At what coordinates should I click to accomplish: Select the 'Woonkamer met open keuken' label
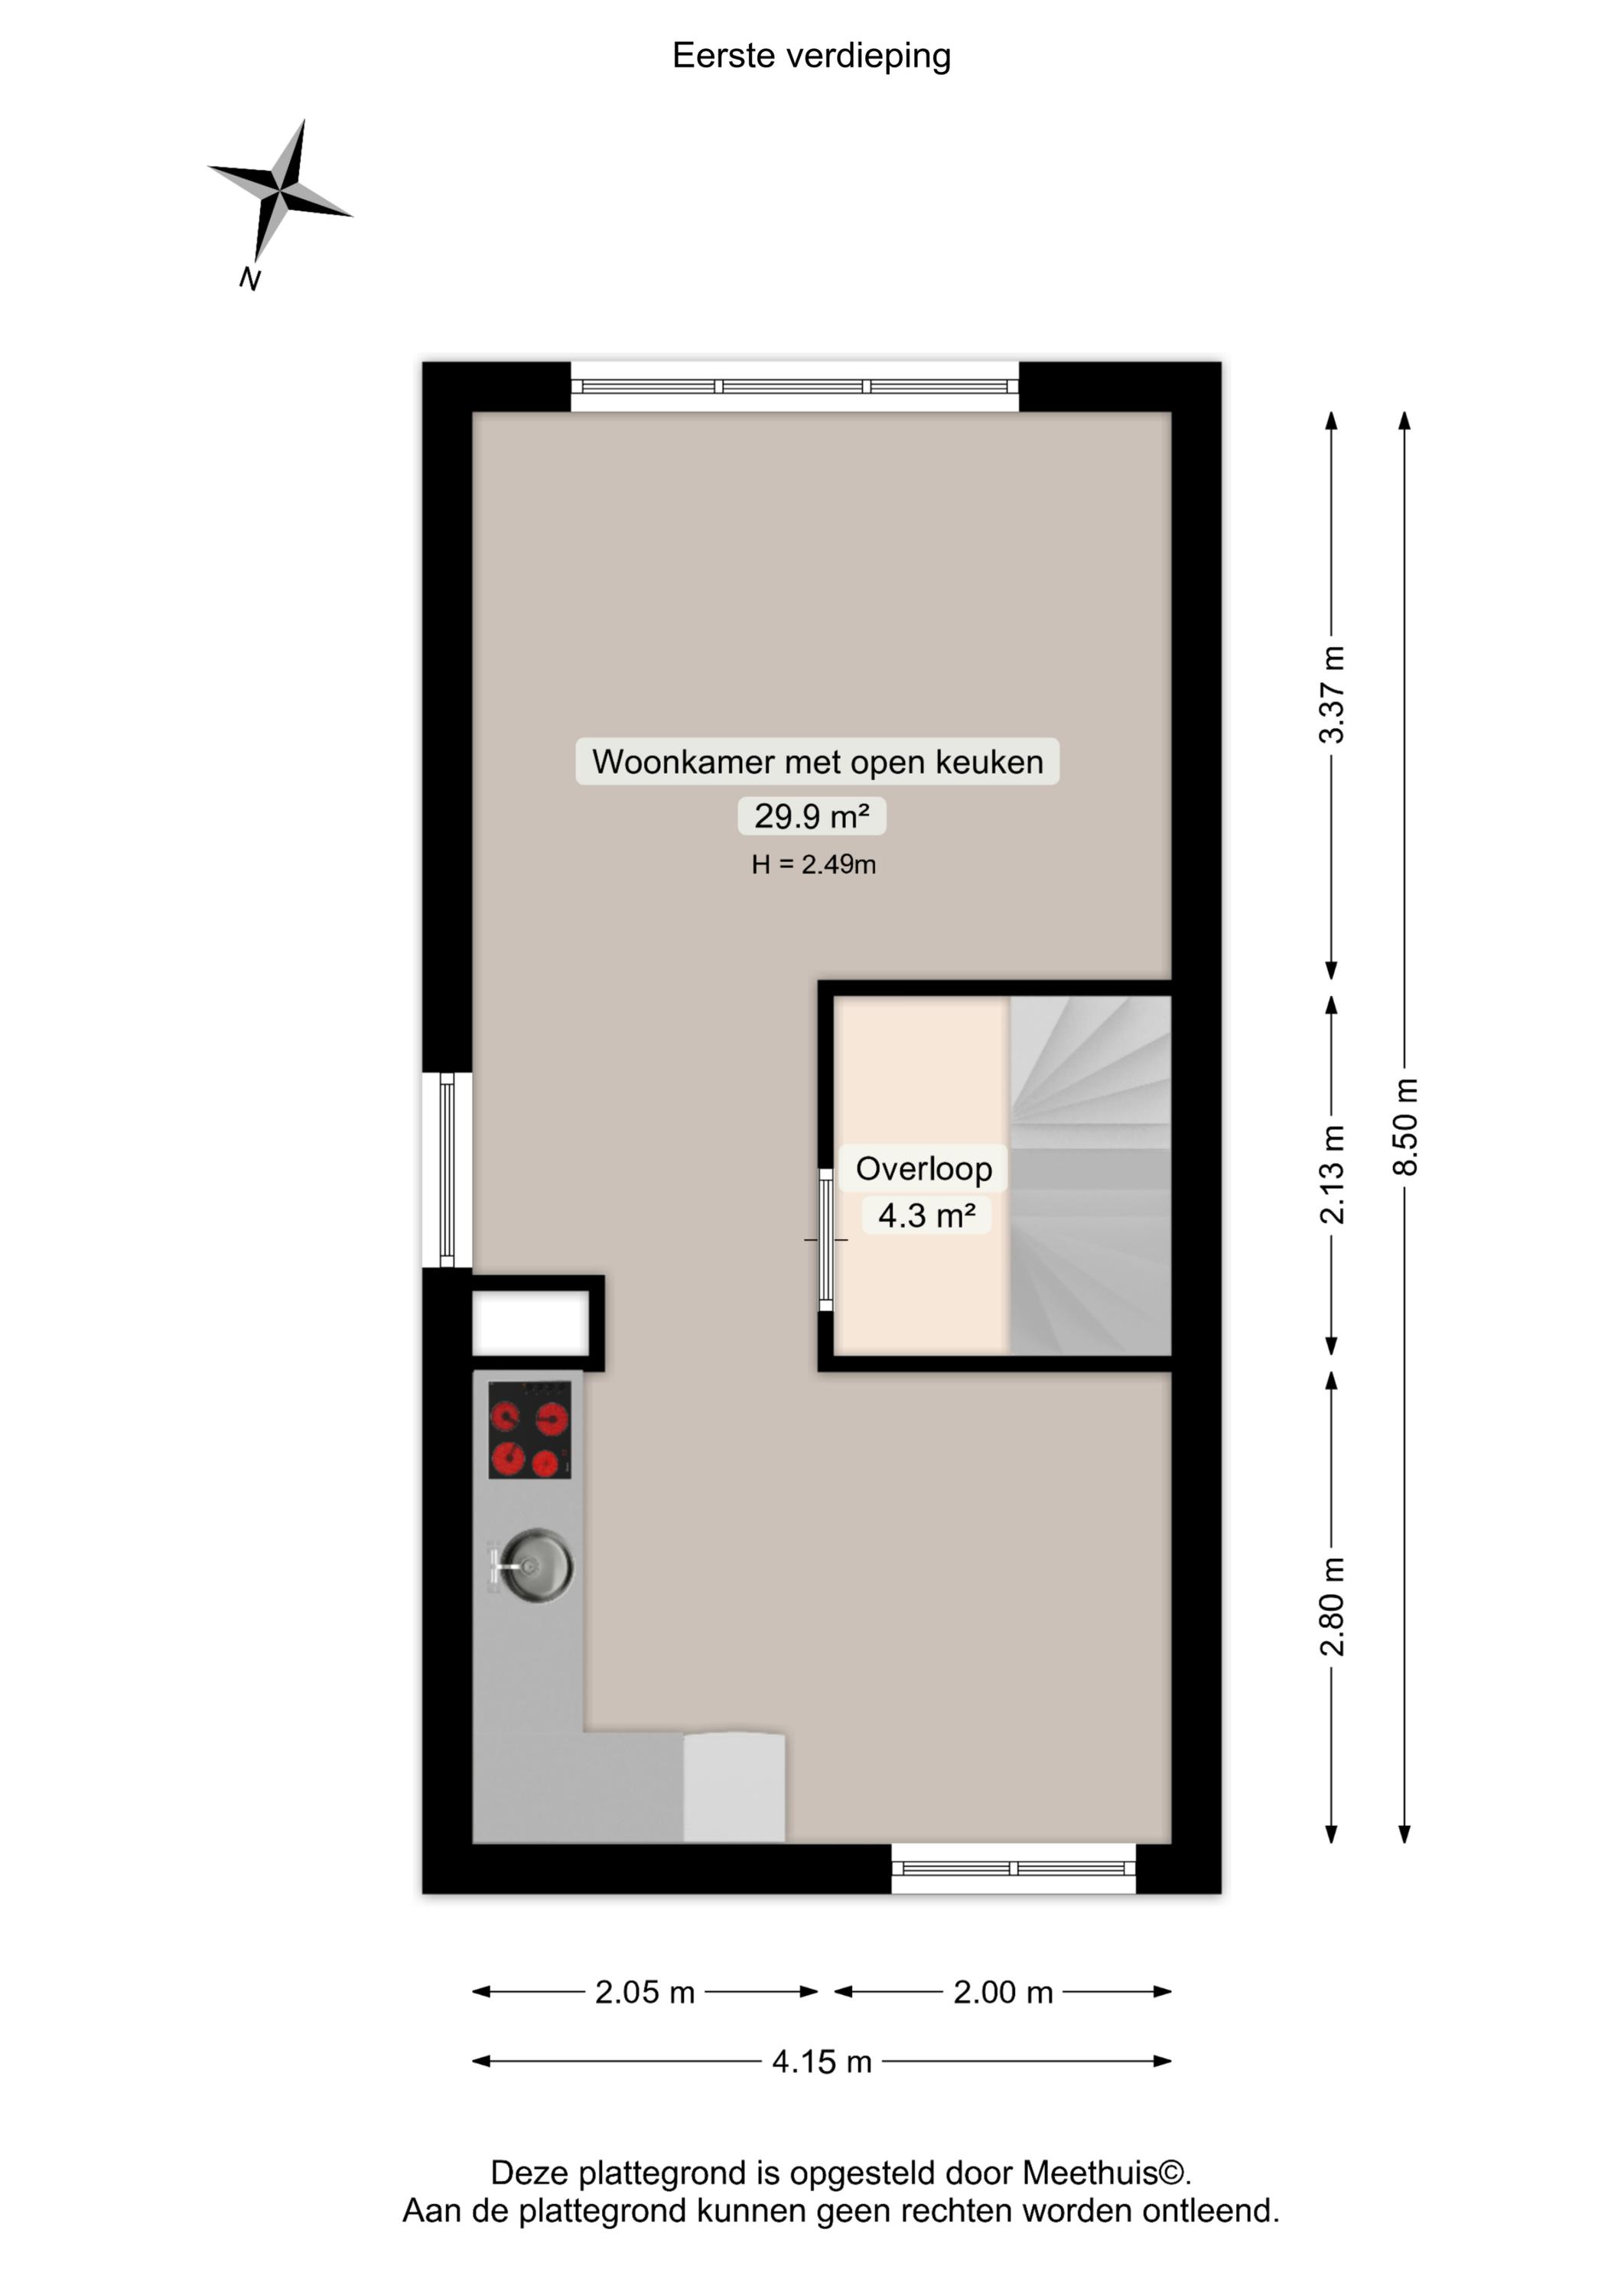pos(817,761)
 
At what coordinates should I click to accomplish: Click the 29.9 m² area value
pos(812,816)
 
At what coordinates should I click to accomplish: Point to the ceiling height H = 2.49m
pos(814,864)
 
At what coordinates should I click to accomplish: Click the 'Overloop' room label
pos(924,1168)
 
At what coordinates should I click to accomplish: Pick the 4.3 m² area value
pos(927,1215)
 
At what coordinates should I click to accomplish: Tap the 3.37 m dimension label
pos(1332,694)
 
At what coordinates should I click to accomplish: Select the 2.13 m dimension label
pos(1332,1174)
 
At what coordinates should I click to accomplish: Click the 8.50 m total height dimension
pos(1405,1126)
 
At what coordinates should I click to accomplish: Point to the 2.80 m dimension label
pos(1332,1607)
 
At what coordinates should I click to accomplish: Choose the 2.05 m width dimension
pos(645,1992)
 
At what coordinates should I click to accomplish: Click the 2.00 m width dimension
pos(1003,1992)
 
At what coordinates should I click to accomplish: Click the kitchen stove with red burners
pos(529,1429)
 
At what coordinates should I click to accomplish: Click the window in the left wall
pos(447,1169)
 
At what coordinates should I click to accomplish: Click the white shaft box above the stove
pos(530,1322)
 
